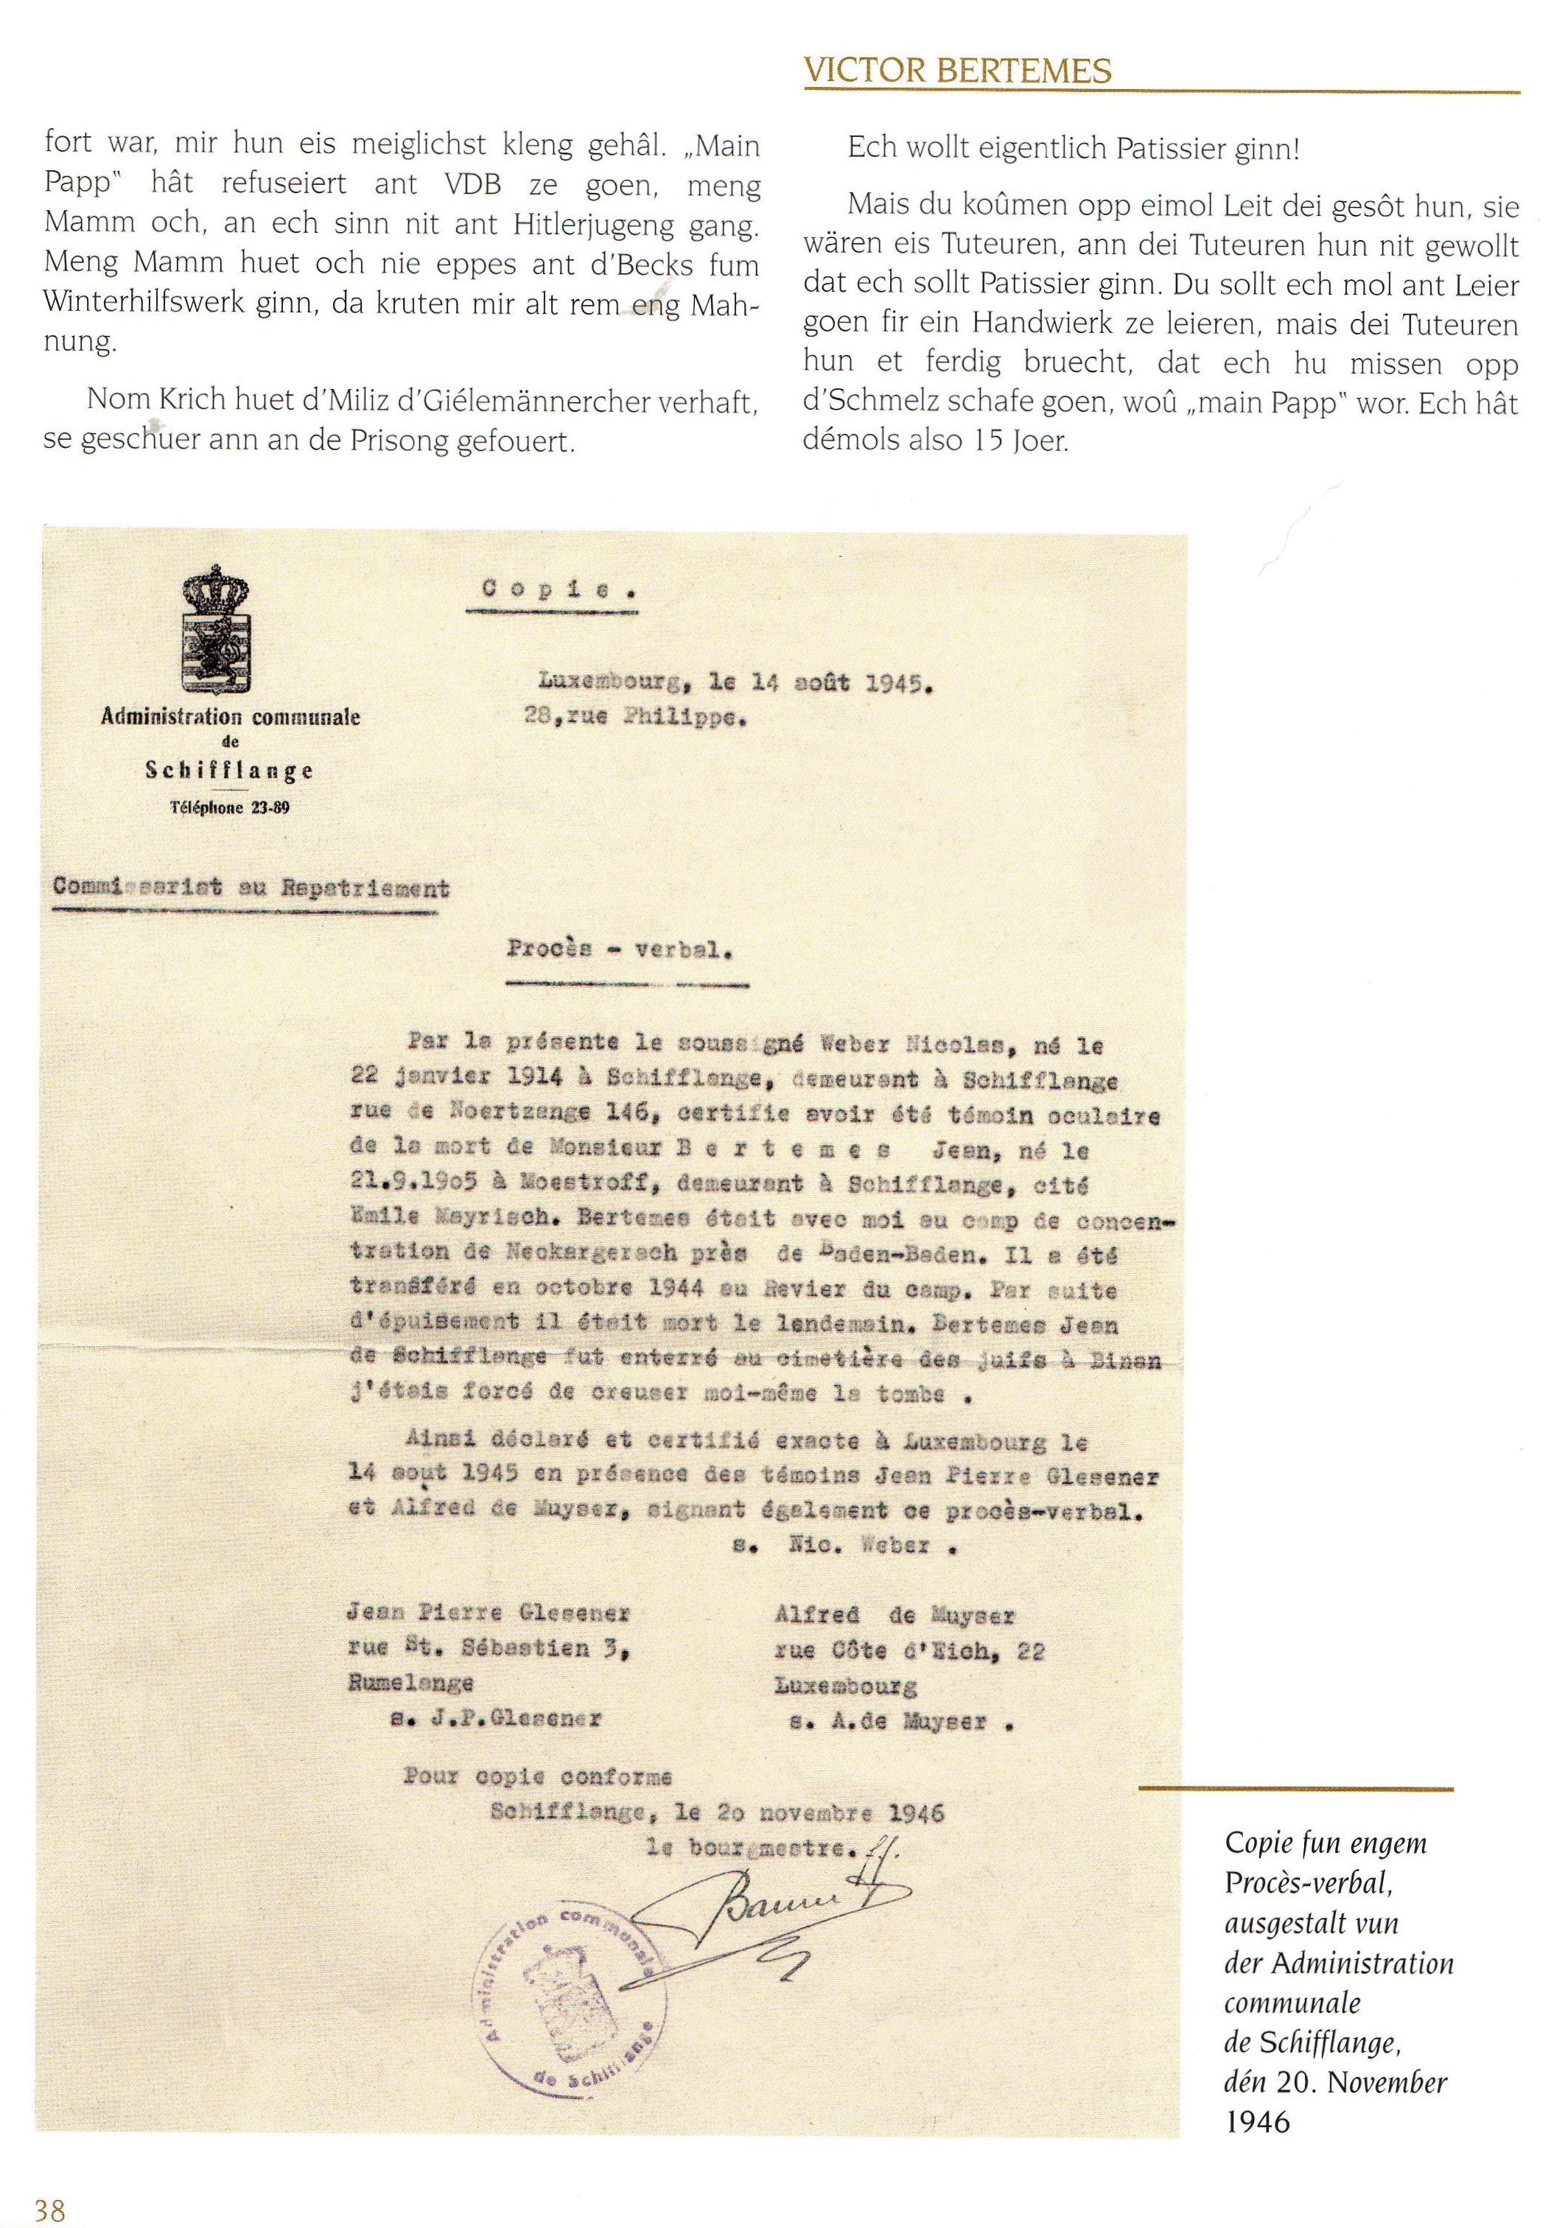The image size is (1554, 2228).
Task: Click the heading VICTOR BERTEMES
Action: (x=957, y=71)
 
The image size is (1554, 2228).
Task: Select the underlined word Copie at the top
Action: (x=550, y=588)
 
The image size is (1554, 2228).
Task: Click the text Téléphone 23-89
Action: (x=230, y=808)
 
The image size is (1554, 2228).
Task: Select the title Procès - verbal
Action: (x=618, y=950)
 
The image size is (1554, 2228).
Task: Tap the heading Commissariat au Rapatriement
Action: (x=251, y=887)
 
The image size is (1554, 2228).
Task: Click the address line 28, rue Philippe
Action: (x=634, y=719)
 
